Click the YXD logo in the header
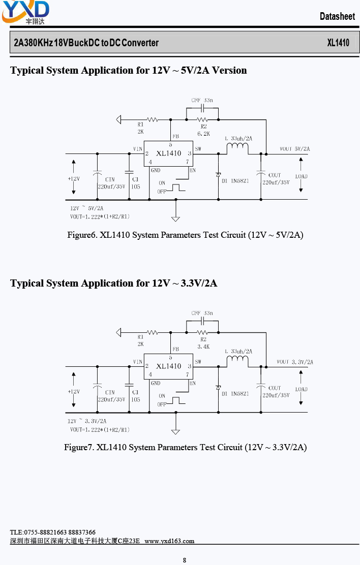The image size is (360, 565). tap(25, 12)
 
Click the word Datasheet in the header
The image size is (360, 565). tap(337, 16)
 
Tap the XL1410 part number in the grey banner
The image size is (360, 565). tap(338, 43)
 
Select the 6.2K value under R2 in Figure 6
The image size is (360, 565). tap(203, 133)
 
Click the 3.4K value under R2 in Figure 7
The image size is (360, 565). tap(203, 347)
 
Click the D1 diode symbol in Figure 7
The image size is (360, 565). tap(218, 388)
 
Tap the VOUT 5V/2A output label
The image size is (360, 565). tap(295, 149)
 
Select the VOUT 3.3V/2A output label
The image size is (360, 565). tap(295, 362)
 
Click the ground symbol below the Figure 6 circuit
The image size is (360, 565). tap(175, 218)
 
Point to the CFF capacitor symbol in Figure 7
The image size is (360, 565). tap(202, 321)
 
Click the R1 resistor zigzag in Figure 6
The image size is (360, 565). tap(152, 119)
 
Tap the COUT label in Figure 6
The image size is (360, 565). tap(275, 175)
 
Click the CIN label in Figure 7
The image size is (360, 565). tap(110, 392)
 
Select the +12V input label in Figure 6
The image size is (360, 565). tap(74, 178)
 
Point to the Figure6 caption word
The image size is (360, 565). tap(82, 235)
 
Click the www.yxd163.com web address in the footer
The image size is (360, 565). tap(169, 541)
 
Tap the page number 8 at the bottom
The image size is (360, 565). tap(185, 560)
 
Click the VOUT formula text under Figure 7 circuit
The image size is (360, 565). tap(100, 429)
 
